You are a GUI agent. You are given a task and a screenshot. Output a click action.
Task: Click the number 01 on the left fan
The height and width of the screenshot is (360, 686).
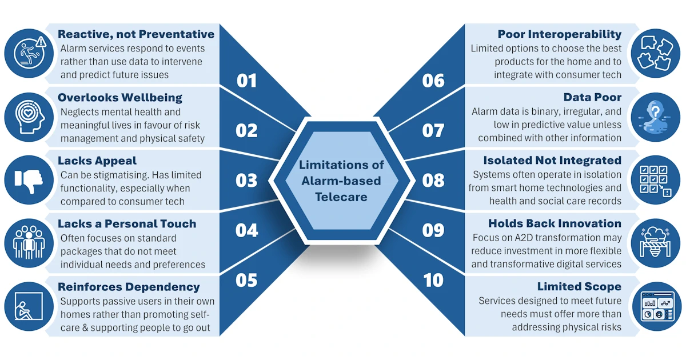(246, 81)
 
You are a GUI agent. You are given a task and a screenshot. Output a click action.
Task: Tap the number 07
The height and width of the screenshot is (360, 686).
(433, 131)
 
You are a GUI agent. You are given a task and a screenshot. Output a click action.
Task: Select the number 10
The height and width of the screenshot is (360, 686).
(433, 280)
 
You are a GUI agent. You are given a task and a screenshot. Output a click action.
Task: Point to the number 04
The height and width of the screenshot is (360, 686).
(246, 230)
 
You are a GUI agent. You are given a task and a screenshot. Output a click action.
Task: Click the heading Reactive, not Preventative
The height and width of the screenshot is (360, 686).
(136, 34)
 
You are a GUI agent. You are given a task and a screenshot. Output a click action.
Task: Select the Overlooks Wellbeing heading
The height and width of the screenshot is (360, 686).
(119, 98)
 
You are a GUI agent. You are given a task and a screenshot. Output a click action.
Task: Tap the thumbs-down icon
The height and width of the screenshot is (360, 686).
(29, 181)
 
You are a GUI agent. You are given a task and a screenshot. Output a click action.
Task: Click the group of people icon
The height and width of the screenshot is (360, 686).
(29, 242)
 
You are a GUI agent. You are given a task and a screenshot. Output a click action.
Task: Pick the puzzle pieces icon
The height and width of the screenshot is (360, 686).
(655, 53)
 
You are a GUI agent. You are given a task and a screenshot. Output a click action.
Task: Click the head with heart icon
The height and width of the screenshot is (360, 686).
(30, 117)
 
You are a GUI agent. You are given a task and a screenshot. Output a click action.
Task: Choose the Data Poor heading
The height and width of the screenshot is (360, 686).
(592, 97)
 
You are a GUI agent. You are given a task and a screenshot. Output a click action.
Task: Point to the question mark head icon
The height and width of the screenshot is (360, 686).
(655, 117)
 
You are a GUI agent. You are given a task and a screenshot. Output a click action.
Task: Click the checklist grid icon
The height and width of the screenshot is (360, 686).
(656, 181)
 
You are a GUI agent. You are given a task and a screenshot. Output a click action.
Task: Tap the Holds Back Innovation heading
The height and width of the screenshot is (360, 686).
(555, 223)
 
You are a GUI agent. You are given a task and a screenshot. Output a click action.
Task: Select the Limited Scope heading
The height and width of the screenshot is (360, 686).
(579, 286)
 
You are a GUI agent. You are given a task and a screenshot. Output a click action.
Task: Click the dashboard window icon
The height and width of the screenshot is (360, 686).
(657, 307)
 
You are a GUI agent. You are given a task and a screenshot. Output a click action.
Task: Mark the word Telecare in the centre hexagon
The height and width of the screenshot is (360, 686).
(341, 197)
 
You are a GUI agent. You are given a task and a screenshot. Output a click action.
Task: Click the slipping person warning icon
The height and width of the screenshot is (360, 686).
(30, 52)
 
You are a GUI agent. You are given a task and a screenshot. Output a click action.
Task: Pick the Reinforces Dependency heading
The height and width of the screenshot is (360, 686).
(129, 287)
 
